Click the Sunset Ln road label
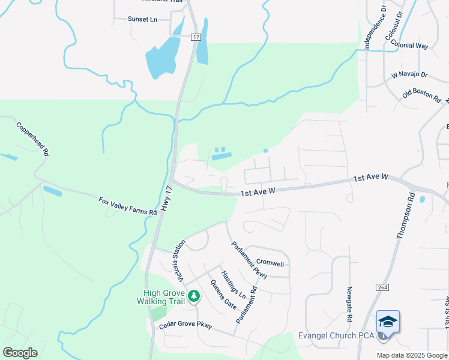click(142, 19)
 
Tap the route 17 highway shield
click(196, 37)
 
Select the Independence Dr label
click(375, 28)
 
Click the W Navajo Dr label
click(409, 75)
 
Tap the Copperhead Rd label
click(32, 139)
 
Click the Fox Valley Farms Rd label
click(127, 204)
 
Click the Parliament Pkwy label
click(250, 260)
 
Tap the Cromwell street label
click(270, 263)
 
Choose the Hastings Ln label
click(234, 284)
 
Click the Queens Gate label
click(223, 294)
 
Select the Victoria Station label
click(179, 265)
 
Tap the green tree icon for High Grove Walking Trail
click(193, 296)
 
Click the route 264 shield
click(382, 288)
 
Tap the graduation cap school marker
click(388, 321)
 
